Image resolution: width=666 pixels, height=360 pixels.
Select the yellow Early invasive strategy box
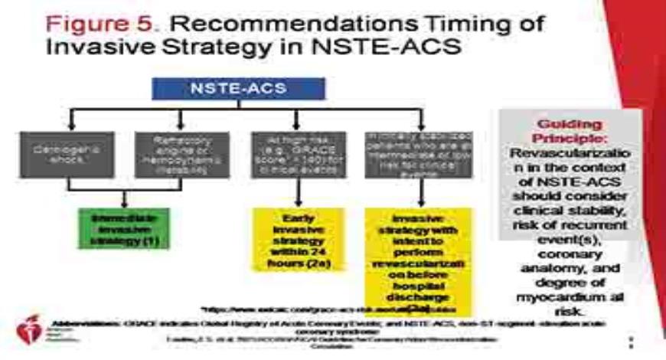click(x=297, y=238)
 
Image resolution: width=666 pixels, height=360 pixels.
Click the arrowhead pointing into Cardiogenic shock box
click(x=72, y=125)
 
